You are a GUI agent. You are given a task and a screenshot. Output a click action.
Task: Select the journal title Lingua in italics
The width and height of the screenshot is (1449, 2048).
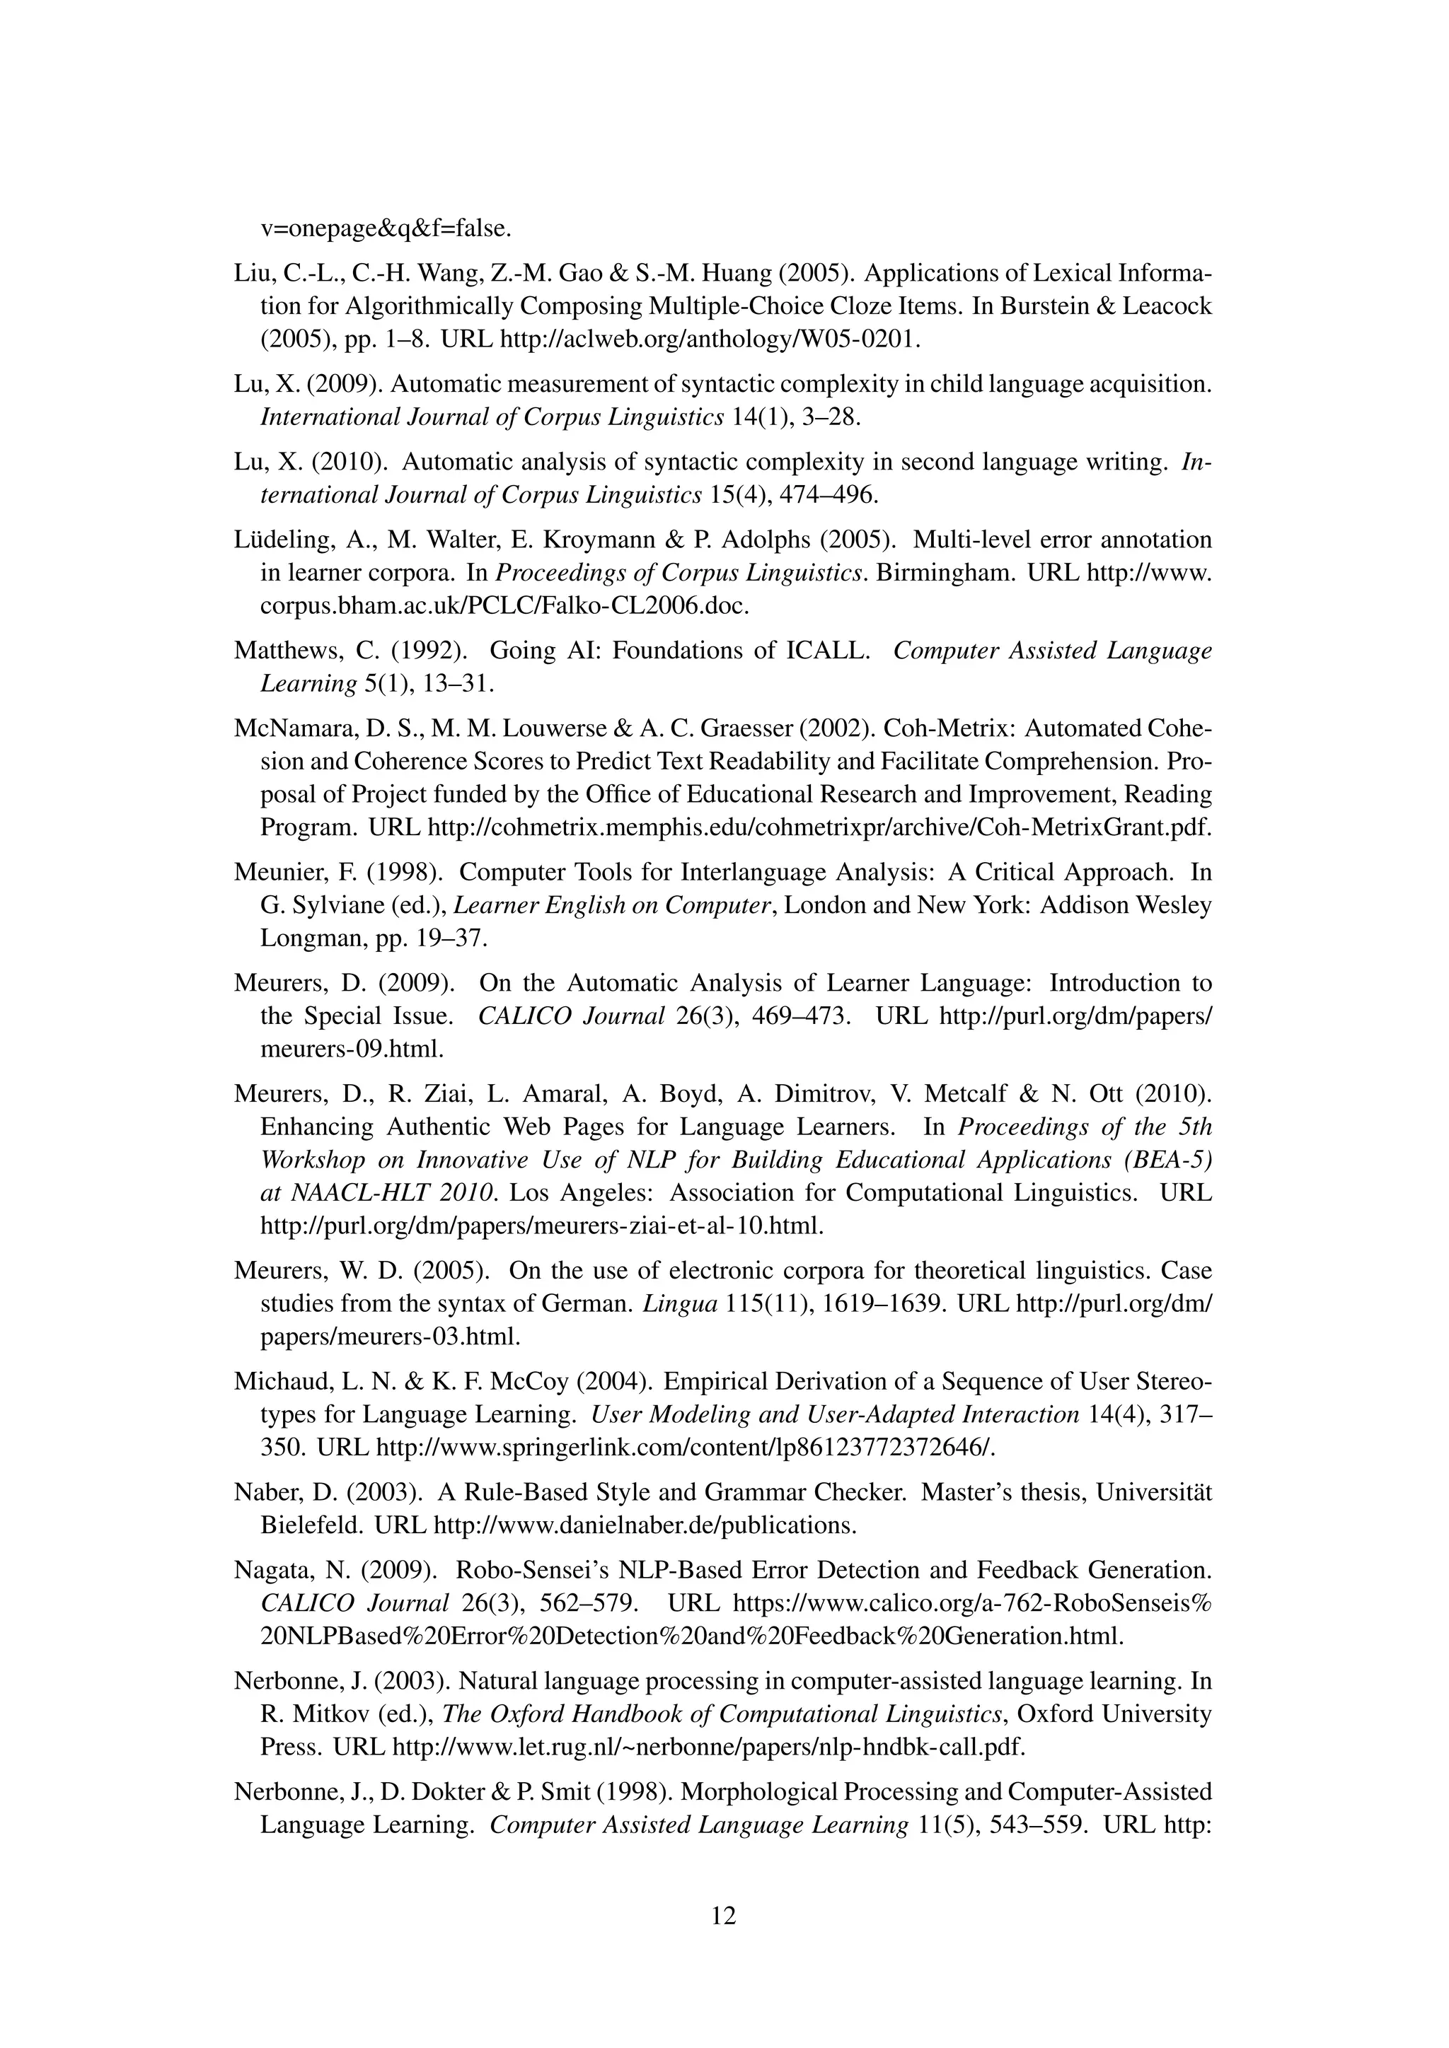tap(680, 1304)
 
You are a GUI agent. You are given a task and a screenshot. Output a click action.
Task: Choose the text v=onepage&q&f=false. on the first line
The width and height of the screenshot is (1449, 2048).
tap(386, 228)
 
